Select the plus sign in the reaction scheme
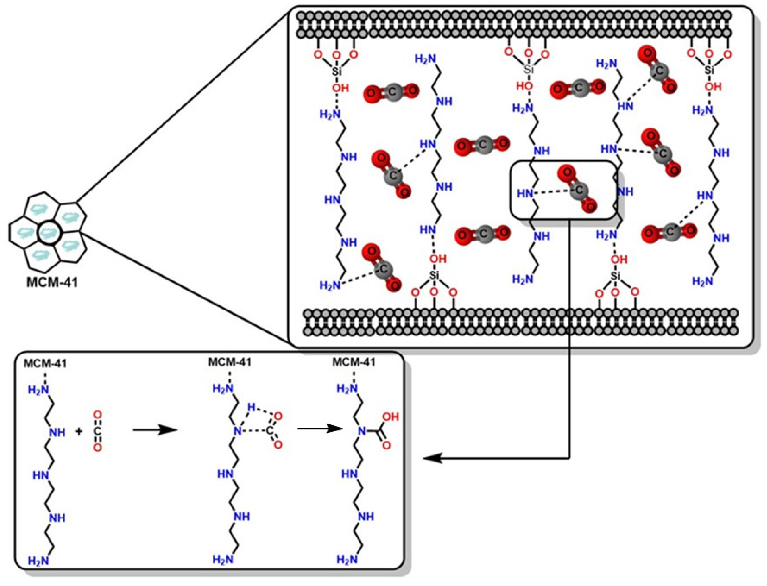click(79, 431)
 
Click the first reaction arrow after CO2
click(155, 431)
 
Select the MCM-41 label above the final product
click(354, 362)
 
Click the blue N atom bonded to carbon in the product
click(362, 432)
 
